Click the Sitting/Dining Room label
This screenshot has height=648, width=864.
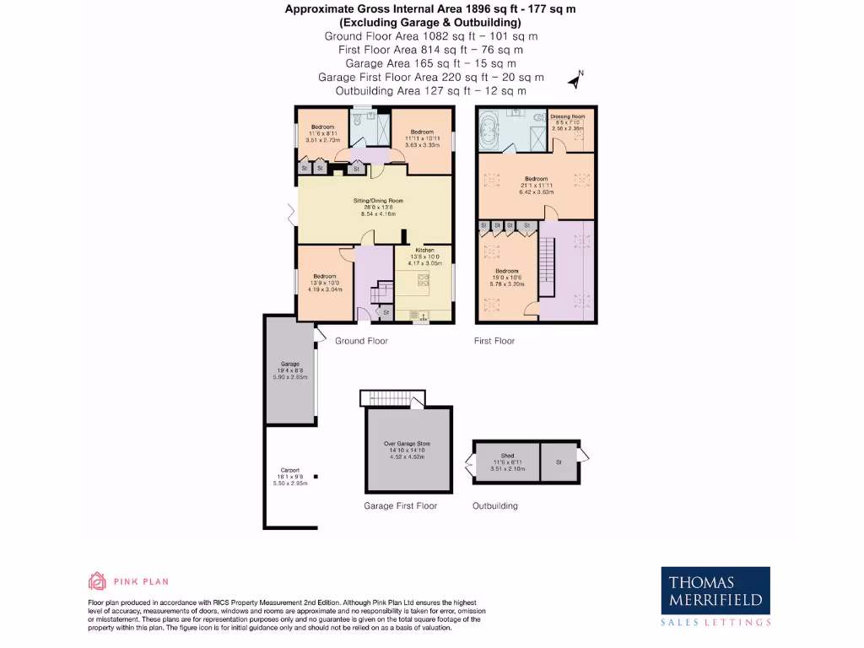point(378,201)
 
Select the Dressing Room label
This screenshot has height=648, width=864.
point(568,116)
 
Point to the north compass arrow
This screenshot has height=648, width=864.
point(576,80)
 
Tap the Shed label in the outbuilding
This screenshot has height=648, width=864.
point(508,456)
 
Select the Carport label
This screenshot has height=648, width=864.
point(290,470)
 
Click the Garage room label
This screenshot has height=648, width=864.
point(290,364)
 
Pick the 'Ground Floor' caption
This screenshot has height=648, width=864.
point(361,341)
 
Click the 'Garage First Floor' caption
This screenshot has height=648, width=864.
point(400,506)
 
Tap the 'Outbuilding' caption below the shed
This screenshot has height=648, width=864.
point(494,506)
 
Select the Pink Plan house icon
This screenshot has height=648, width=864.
point(97,580)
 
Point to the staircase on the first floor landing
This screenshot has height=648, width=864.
point(548,266)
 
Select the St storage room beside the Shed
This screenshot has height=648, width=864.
point(559,462)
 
